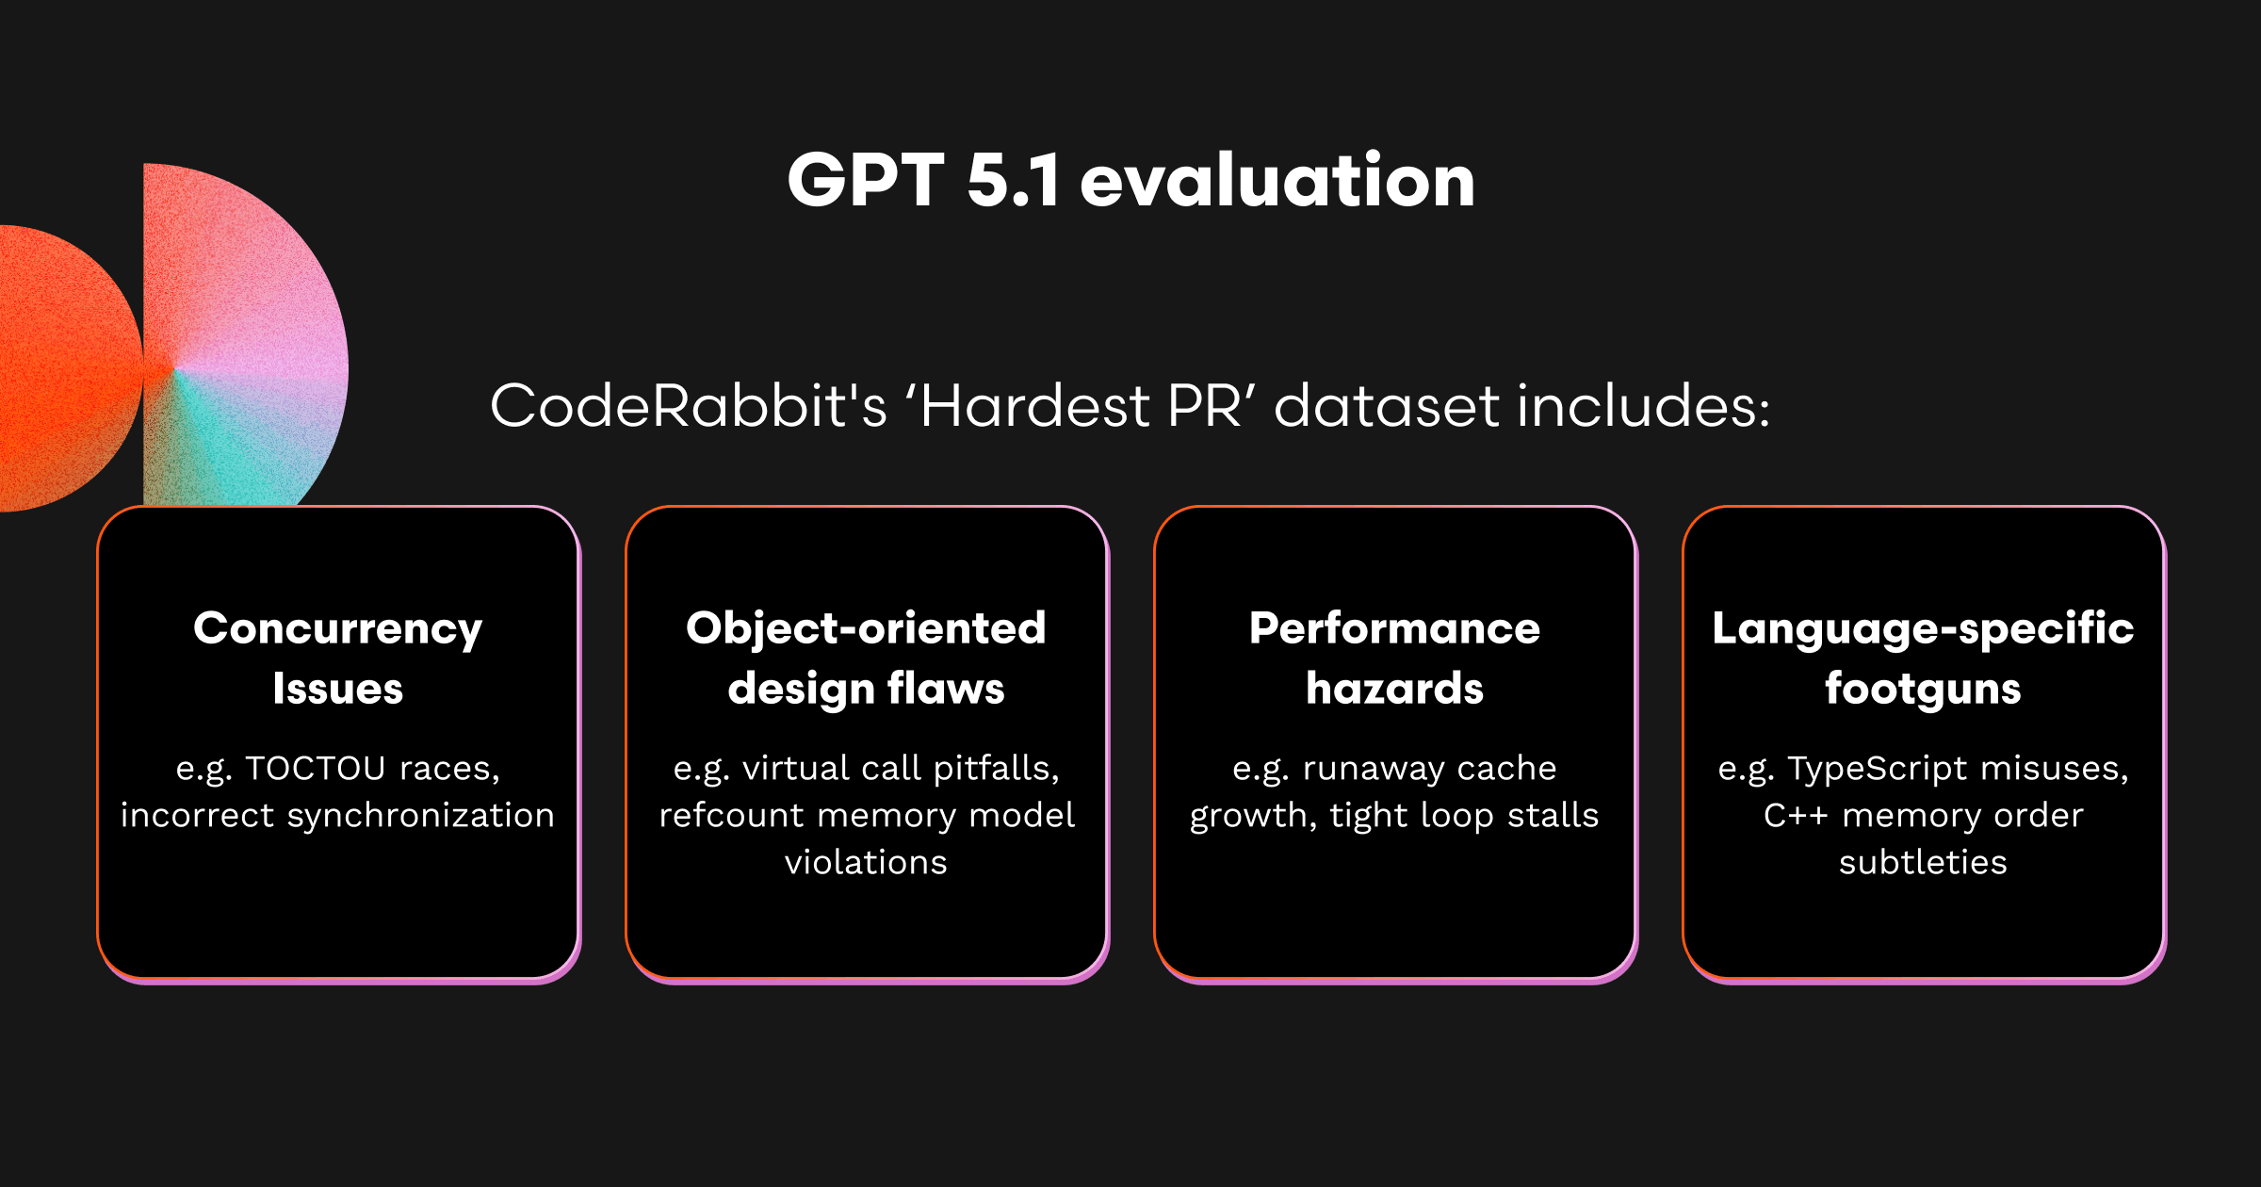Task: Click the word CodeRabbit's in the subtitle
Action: click(x=689, y=406)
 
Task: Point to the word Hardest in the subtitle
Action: click(x=1034, y=406)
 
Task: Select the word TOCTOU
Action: click(x=316, y=769)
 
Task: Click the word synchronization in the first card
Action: click(x=421, y=816)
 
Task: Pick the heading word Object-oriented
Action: click(x=866, y=628)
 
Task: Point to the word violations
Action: click(x=866, y=863)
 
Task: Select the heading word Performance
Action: click(x=1394, y=628)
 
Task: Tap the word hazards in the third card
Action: click(x=1394, y=689)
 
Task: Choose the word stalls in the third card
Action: click(x=1553, y=816)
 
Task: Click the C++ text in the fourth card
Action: click(x=1796, y=816)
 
